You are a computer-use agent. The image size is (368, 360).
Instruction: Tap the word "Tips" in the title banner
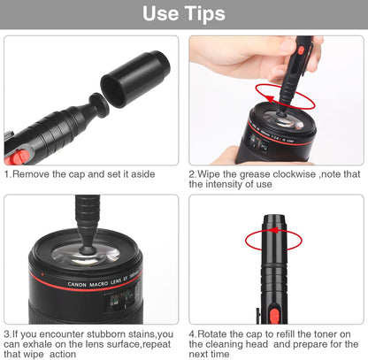(203, 14)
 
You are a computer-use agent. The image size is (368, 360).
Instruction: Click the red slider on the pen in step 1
(16, 156)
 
